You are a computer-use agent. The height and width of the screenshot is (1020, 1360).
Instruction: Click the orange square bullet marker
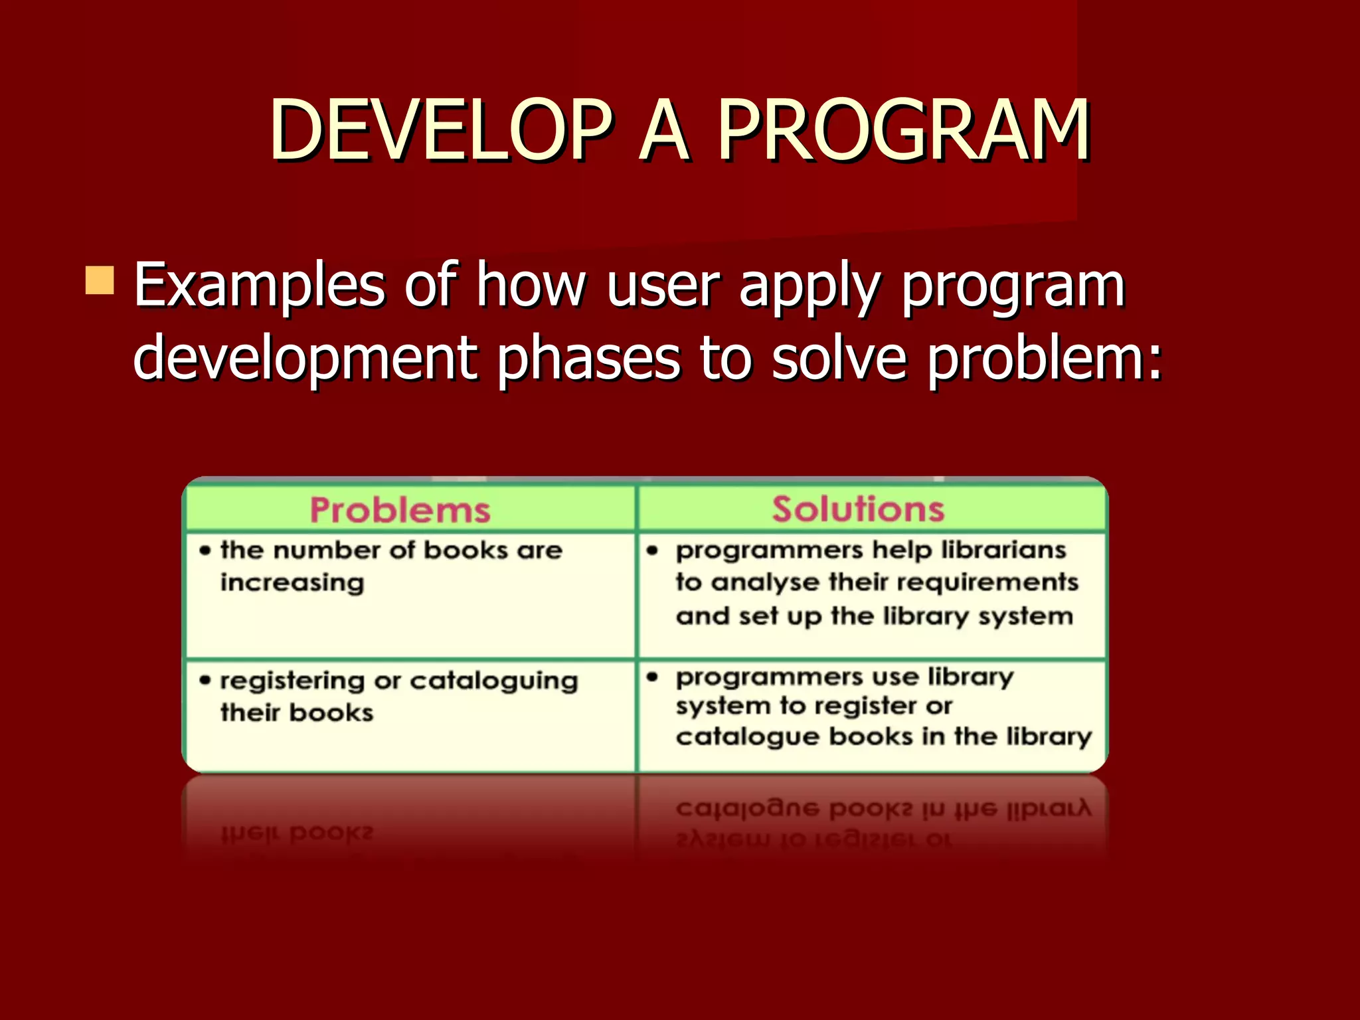pos(100,280)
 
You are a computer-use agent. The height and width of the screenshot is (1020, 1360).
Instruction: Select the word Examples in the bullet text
pos(259,286)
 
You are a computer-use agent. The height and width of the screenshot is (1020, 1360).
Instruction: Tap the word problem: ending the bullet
pos(1044,359)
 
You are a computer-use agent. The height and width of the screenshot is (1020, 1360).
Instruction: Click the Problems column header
pos(400,510)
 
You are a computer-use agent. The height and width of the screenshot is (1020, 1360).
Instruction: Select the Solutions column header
pos(858,509)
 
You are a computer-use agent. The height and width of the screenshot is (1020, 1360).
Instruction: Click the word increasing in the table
pos(292,583)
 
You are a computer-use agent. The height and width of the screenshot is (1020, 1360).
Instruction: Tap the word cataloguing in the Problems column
pos(493,681)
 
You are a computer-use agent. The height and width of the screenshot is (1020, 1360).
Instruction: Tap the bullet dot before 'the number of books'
pos(205,550)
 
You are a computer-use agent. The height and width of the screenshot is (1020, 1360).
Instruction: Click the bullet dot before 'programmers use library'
pos(653,677)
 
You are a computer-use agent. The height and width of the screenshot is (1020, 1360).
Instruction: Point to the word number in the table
pos(327,550)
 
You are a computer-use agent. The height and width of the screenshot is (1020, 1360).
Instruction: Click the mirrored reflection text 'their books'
pos(297,833)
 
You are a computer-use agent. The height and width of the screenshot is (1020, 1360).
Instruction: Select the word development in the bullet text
pos(305,359)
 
